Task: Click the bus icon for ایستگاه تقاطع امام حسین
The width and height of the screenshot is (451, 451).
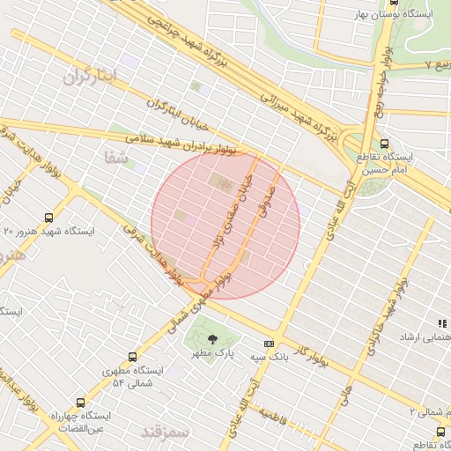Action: pos(384,144)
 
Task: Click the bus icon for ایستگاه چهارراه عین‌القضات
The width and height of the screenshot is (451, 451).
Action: pos(82,401)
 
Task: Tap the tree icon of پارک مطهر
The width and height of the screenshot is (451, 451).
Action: pos(211,339)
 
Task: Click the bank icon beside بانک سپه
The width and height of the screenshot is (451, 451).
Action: pos(269,344)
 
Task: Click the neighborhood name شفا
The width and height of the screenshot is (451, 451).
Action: pos(115,159)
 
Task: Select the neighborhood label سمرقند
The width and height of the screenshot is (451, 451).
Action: pos(164,432)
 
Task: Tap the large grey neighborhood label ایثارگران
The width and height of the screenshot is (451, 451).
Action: pos(90,76)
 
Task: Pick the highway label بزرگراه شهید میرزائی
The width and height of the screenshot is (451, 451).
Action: pos(299,112)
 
